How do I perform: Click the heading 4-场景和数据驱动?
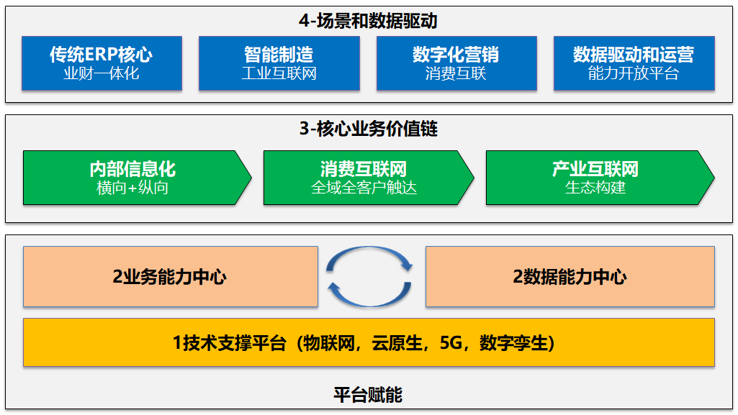tap(368, 20)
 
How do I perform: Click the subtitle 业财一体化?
tap(102, 73)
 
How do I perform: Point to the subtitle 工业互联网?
tap(279, 73)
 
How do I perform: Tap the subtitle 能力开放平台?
tap(634, 73)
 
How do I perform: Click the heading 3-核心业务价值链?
tap(368, 129)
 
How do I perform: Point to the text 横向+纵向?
tap(132, 188)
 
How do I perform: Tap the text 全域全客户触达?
tap(364, 188)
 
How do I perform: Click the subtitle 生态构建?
tap(595, 188)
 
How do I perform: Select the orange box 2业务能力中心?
tap(170, 277)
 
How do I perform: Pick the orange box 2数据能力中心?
tap(570, 277)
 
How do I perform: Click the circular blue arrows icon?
tap(370, 276)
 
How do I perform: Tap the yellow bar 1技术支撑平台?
tap(369, 342)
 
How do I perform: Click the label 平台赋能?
tap(368, 394)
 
